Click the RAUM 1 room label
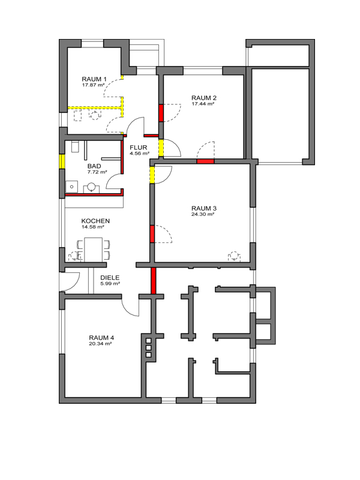(x=94, y=79)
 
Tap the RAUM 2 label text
(x=204, y=98)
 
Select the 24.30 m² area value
(x=203, y=214)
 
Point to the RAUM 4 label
(x=101, y=338)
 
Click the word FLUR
(x=139, y=148)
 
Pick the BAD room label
(x=94, y=166)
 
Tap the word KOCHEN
(x=95, y=221)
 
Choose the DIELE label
(x=110, y=278)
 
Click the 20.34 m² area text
(x=100, y=344)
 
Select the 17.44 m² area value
(x=203, y=104)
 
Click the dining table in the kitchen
(x=94, y=250)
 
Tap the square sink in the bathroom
(x=71, y=187)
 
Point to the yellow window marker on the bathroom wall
(x=62, y=161)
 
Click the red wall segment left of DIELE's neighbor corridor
(x=154, y=281)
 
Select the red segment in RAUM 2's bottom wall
(x=205, y=161)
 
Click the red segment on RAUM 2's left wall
(x=161, y=113)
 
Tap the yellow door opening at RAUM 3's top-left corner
(x=152, y=174)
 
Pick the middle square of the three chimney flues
(x=149, y=348)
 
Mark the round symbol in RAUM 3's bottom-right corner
(x=234, y=256)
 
